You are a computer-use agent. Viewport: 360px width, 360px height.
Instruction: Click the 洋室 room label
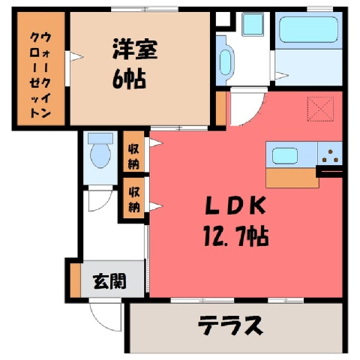(135, 49)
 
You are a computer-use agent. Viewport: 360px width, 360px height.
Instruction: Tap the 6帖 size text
(129, 78)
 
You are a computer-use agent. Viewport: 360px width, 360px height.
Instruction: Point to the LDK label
(235, 205)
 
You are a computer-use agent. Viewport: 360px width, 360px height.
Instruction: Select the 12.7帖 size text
(236, 235)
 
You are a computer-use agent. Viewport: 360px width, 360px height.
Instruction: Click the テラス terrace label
(230, 325)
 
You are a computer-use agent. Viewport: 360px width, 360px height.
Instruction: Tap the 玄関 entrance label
(109, 281)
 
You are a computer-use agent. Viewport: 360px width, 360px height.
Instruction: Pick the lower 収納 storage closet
(133, 198)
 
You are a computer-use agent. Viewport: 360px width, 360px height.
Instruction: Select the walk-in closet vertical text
(40, 75)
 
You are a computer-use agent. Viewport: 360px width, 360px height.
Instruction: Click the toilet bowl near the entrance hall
(100, 151)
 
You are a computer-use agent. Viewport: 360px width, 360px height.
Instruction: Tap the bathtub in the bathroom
(308, 29)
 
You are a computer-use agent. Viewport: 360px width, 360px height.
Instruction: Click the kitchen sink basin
(285, 155)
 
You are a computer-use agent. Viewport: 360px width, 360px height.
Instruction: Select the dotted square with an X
(320, 109)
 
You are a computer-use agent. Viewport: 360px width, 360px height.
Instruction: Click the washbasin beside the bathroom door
(253, 25)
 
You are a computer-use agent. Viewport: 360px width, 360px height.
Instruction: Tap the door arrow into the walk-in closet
(76, 57)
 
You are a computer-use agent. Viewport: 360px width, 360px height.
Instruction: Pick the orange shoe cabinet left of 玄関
(75, 279)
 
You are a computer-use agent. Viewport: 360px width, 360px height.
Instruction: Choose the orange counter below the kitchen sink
(292, 178)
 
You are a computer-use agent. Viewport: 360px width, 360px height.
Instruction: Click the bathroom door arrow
(282, 75)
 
